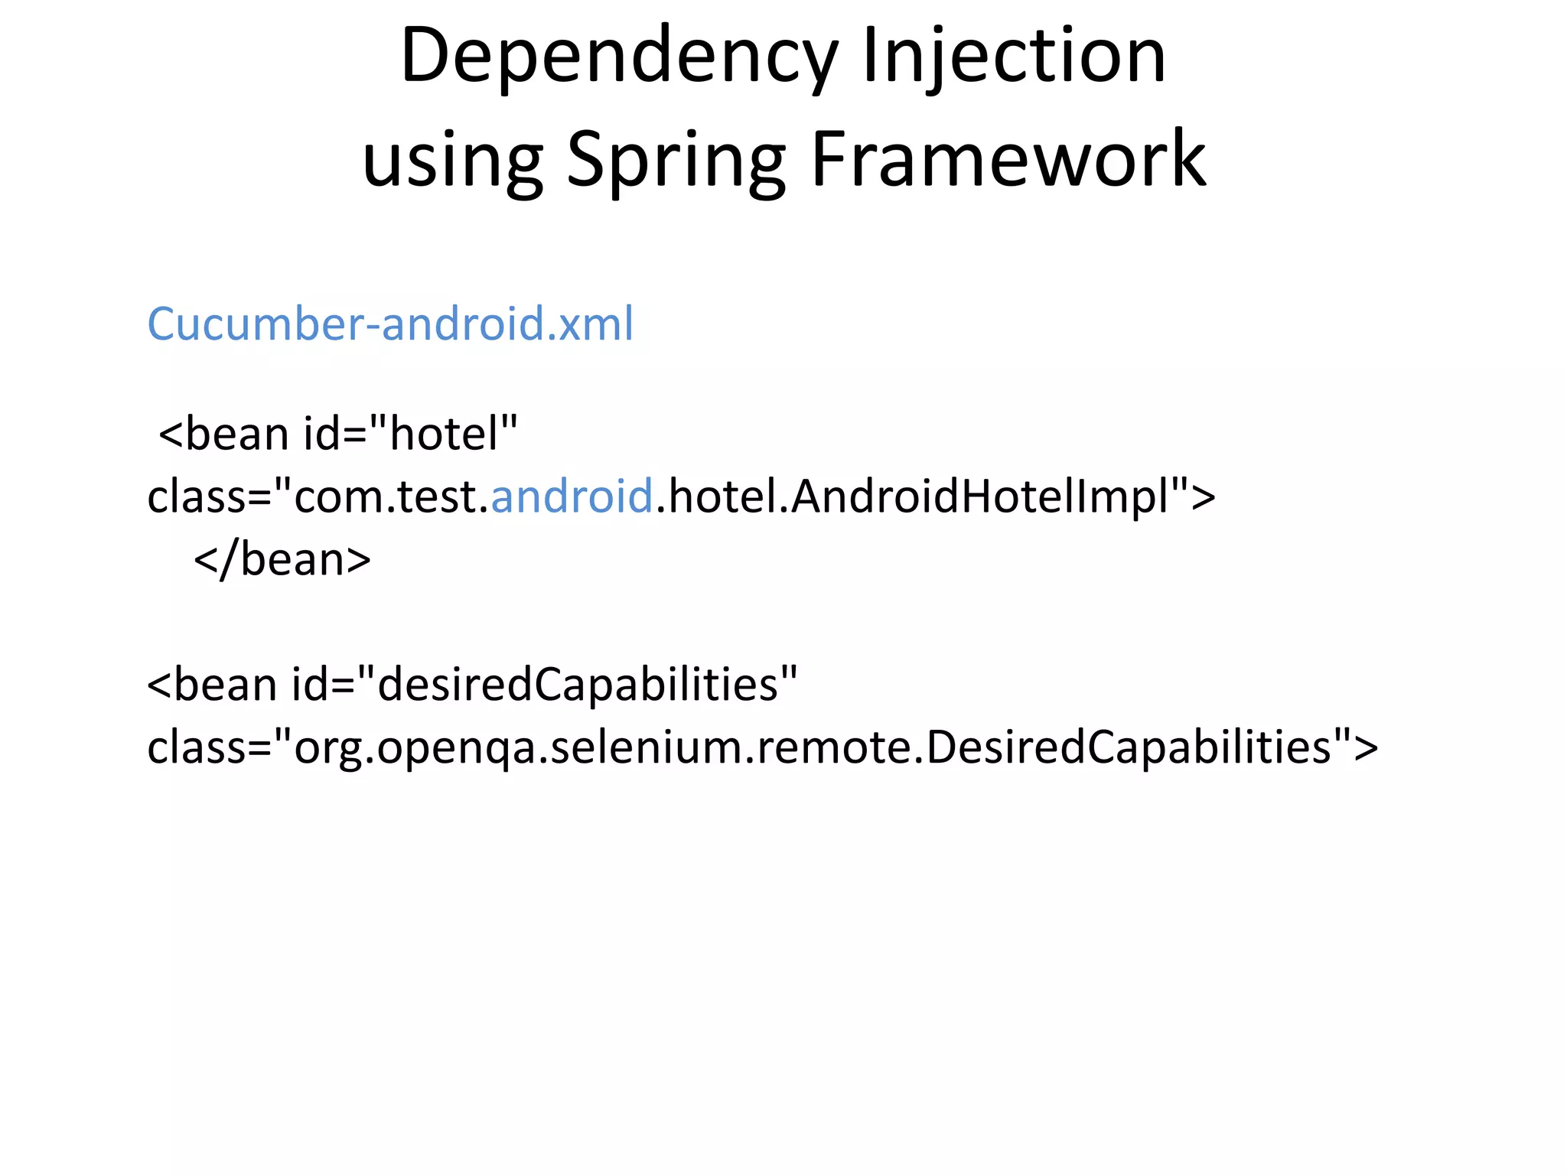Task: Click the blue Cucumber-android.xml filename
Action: (x=390, y=324)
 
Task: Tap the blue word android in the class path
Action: (x=572, y=496)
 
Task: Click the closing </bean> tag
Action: (x=282, y=559)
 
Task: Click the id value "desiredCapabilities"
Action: (x=578, y=683)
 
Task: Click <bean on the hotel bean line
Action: (x=223, y=434)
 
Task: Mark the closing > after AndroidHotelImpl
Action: (x=1204, y=497)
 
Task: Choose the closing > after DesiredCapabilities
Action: (x=1366, y=747)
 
